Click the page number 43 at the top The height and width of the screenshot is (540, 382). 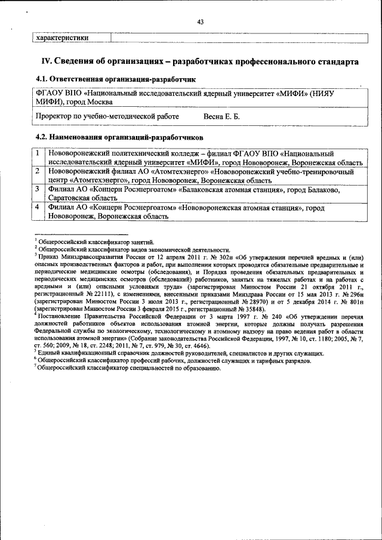click(x=201, y=22)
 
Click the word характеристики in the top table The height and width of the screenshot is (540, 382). click(x=63, y=37)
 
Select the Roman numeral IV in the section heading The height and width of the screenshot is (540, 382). click(x=47, y=61)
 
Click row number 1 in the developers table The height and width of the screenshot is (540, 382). click(x=37, y=153)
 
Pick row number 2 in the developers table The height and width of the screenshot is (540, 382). click(x=37, y=171)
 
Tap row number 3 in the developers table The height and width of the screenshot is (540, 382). click(x=37, y=189)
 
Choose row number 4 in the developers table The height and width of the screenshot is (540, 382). click(x=37, y=207)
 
